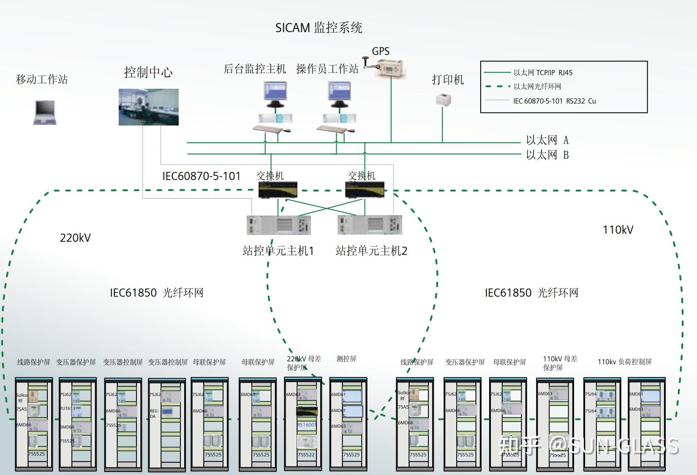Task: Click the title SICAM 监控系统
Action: click(x=319, y=28)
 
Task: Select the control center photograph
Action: click(x=148, y=107)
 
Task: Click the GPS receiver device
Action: click(x=390, y=68)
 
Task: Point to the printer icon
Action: click(x=443, y=99)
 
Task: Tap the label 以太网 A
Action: click(x=547, y=140)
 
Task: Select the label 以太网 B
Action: click(x=547, y=155)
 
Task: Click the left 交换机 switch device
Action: click(x=278, y=190)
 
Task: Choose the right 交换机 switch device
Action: click(x=365, y=190)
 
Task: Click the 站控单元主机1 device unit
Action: click(x=278, y=225)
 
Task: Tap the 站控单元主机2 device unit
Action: click(x=370, y=225)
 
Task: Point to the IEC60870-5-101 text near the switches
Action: click(x=201, y=176)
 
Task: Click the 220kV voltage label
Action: click(x=75, y=237)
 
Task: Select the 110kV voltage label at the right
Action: click(x=618, y=230)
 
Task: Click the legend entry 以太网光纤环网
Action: click(x=537, y=87)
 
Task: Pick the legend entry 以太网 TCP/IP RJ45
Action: click(x=543, y=73)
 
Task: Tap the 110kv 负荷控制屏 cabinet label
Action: click(x=624, y=362)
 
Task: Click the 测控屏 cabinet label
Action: click(x=346, y=359)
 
